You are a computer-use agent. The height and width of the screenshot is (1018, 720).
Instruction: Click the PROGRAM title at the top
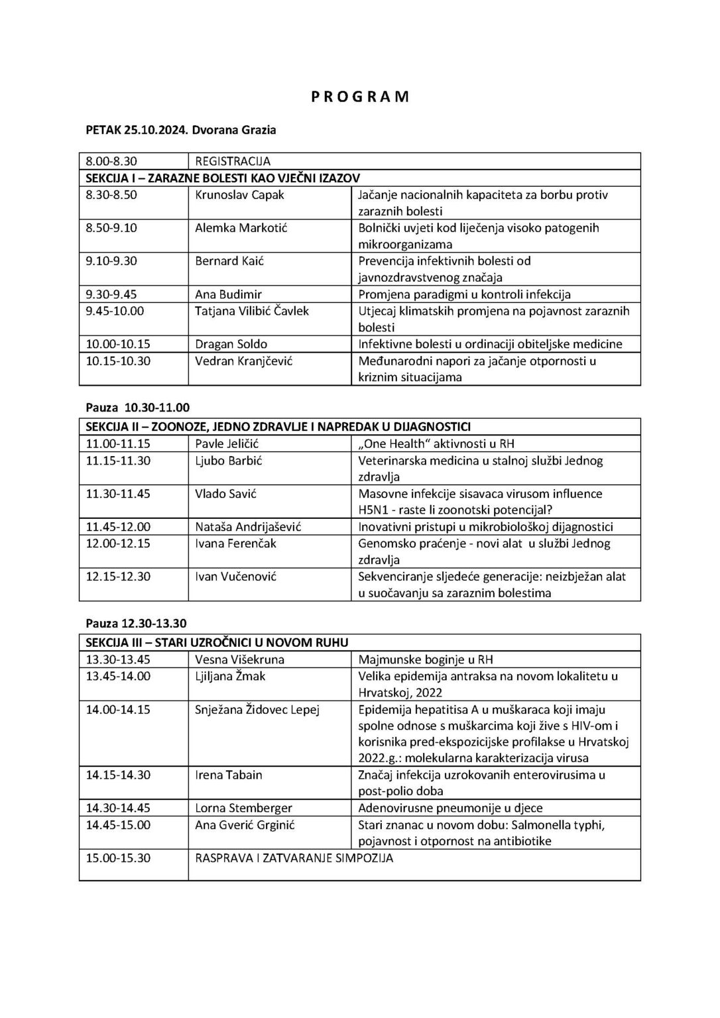click(x=360, y=97)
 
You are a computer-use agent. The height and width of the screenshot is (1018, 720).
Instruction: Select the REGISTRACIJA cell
click(x=233, y=161)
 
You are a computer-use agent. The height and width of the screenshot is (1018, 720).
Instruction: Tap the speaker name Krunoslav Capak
click(x=239, y=195)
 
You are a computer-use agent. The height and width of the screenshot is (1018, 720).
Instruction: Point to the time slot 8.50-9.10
click(x=111, y=228)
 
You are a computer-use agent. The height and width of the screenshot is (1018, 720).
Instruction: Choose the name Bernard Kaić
click(x=229, y=261)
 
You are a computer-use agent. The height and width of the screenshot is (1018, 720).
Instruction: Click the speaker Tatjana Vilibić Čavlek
click(x=252, y=311)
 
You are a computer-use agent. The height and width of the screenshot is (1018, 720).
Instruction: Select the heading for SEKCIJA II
click(x=278, y=427)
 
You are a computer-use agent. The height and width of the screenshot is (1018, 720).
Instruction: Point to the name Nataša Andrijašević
click(x=248, y=527)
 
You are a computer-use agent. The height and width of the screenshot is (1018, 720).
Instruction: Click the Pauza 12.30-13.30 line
click(x=137, y=624)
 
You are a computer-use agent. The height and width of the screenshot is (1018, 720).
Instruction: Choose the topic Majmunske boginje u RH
click(x=426, y=659)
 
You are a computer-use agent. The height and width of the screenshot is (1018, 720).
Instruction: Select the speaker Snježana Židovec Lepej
click(x=257, y=709)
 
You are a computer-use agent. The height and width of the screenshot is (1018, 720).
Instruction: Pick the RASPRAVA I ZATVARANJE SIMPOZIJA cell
click(x=294, y=858)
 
